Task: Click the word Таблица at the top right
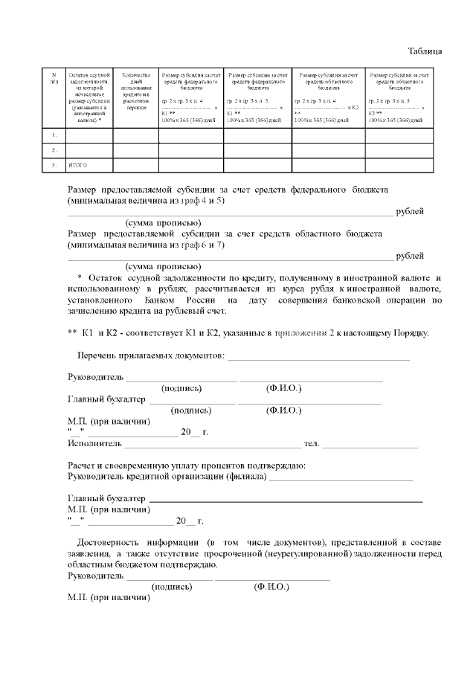click(425, 51)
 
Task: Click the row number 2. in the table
click(54, 150)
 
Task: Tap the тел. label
click(311, 444)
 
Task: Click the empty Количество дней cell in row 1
click(137, 135)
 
